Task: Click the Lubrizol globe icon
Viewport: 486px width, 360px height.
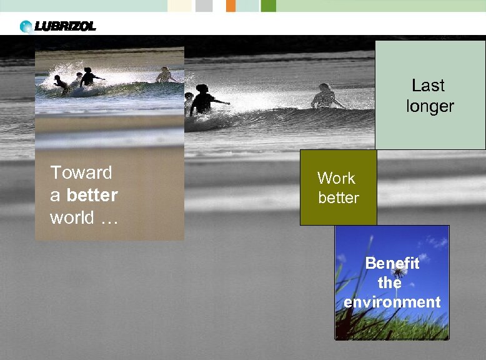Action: tap(26, 26)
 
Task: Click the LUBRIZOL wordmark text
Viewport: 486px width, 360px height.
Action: tap(65, 26)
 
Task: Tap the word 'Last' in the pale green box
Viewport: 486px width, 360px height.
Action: tap(428, 85)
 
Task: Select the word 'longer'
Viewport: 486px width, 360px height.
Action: tap(430, 106)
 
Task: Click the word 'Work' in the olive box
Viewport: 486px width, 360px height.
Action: tap(336, 178)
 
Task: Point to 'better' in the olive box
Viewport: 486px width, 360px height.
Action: tap(339, 198)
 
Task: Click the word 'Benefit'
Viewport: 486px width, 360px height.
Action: tap(392, 263)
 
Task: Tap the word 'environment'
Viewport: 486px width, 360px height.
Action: tap(392, 302)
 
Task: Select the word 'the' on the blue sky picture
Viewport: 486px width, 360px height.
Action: tap(390, 282)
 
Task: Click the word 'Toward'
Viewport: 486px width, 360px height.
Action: tap(81, 172)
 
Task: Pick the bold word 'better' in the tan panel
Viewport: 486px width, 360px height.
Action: tap(92, 196)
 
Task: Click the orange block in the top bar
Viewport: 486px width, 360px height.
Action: tap(231, 6)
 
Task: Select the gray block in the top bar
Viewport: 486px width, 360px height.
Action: tap(204, 6)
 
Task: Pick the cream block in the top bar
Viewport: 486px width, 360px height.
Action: tap(180, 6)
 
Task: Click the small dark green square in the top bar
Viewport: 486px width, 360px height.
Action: tap(269, 6)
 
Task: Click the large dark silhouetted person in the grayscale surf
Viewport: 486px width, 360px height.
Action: tap(204, 100)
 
